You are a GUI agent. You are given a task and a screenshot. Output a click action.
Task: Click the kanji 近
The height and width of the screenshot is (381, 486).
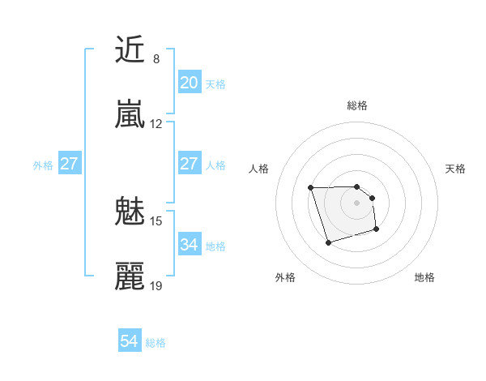(x=130, y=50)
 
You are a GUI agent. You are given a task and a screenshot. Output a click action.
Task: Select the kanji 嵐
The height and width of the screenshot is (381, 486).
(x=130, y=115)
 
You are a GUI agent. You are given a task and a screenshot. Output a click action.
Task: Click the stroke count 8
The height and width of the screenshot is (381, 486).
(x=156, y=59)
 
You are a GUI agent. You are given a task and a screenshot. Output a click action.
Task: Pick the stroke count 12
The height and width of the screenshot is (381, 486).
(x=156, y=124)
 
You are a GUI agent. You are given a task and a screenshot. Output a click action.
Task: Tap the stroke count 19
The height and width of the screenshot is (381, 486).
(x=156, y=286)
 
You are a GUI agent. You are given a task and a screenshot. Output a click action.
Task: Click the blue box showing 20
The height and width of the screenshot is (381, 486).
(x=189, y=83)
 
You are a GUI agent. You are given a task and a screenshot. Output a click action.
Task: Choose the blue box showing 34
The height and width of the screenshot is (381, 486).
(x=189, y=245)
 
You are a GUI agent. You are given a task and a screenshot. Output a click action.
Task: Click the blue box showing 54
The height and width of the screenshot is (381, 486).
(x=130, y=342)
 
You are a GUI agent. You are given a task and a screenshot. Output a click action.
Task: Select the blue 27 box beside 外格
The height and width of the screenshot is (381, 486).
(x=69, y=164)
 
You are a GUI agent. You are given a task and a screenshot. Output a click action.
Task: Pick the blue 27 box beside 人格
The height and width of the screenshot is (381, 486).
(x=189, y=164)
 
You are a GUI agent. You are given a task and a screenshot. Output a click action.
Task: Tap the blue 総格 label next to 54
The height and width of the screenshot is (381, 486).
(x=156, y=343)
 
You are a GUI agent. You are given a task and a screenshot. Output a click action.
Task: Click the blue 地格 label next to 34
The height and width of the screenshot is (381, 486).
(x=215, y=246)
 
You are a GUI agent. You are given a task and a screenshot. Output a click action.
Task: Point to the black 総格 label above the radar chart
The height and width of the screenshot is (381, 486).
(x=356, y=105)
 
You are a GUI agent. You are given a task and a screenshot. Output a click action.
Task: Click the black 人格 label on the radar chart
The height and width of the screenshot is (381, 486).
(x=258, y=169)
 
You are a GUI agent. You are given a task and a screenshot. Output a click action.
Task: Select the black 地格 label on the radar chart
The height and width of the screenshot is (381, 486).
(x=424, y=277)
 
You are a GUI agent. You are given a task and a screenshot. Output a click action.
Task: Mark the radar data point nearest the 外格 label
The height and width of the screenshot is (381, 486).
(x=328, y=242)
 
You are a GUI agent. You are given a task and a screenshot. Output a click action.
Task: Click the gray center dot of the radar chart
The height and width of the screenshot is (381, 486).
(x=356, y=203)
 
